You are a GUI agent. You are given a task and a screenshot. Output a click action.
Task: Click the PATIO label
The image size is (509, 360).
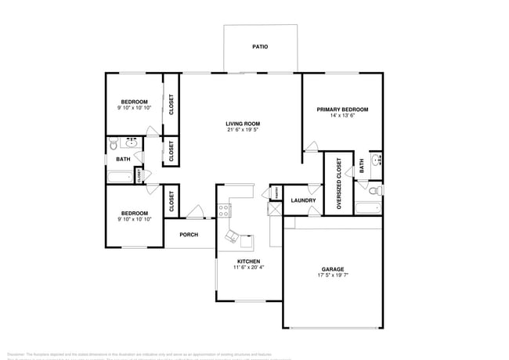point(260,47)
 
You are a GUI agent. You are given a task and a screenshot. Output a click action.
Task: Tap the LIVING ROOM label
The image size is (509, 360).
point(243,124)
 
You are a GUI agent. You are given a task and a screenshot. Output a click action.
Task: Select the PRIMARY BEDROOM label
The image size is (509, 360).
point(342,110)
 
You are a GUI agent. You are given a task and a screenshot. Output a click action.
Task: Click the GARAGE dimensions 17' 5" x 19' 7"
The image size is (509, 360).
point(333,275)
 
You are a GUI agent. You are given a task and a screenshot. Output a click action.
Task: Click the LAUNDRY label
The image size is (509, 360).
point(303,200)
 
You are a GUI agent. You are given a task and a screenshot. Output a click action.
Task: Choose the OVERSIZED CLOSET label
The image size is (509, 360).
point(339,184)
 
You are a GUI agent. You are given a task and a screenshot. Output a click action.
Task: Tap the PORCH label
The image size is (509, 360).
point(189,235)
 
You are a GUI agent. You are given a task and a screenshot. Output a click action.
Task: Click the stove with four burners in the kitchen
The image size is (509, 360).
point(225,210)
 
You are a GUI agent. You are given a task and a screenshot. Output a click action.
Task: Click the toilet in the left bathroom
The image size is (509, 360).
point(114,145)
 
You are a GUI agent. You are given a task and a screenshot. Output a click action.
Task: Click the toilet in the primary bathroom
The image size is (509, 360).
point(374,190)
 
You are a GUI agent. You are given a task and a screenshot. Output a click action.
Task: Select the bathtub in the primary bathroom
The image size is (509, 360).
point(368,208)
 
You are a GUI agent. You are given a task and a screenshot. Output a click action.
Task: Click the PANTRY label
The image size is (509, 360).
point(276,193)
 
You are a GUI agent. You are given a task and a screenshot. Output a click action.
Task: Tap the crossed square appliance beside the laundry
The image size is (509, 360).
point(275,209)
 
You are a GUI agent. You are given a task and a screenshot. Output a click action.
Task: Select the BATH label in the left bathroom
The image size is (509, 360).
point(123,160)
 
